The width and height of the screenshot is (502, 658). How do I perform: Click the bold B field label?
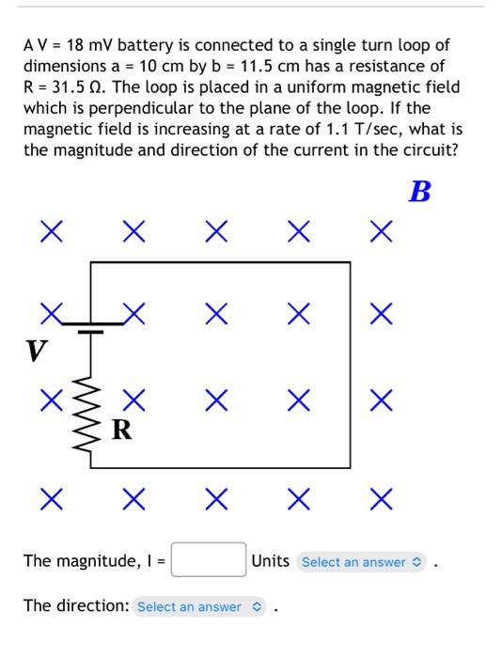(x=420, y=193)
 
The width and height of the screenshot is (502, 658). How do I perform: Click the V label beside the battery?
(x=36, y=351)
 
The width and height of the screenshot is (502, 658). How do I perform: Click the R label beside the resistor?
(x=122, y=431)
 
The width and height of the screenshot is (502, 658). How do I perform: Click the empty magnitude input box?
(x=208, y=561)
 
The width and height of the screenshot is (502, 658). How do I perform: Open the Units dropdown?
(x=362, y=562)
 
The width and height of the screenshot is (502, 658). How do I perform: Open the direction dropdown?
(x=201, y=606)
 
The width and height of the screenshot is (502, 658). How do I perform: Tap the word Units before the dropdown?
(x=271, y=561)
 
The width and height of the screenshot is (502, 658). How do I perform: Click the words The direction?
(x=75, y=606)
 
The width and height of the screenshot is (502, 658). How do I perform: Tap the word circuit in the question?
(x=426, y=149)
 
